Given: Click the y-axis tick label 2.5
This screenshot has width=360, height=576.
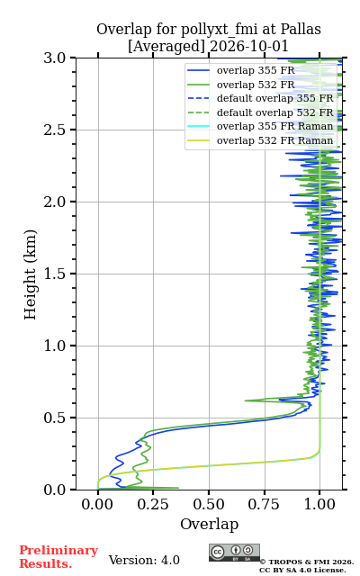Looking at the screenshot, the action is (55, 130).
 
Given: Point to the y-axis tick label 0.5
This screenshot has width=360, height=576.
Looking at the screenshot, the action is (55, 418).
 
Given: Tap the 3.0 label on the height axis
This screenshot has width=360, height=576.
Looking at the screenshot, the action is (55, 58).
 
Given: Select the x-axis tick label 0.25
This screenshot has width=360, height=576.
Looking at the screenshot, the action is (153, 505).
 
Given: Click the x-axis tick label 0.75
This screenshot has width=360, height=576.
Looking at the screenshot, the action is (264, 505).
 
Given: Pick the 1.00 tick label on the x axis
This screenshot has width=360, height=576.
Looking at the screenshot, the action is (319, 505).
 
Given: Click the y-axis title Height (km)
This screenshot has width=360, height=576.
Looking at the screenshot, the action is (31, 274).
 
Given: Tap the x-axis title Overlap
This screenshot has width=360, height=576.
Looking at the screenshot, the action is (209, 524).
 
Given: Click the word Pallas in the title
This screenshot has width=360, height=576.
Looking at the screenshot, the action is (301, 30).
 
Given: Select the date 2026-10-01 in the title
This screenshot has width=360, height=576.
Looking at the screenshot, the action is (249, 47).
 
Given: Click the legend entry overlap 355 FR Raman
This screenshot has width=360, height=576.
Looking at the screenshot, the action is (274, 126).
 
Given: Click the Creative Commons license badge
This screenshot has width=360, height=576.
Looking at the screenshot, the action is (234, 553).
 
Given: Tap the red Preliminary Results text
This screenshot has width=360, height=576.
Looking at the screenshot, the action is (58, 557).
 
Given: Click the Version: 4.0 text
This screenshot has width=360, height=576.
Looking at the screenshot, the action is (144, 560).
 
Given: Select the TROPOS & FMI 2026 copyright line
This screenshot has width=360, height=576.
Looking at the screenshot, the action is (307, 562).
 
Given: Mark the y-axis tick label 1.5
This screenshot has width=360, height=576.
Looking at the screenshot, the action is (55, 274).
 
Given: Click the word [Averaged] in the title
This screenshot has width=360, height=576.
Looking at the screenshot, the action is (166, 47).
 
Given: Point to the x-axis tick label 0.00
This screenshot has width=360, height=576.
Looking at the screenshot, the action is (97, 505).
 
